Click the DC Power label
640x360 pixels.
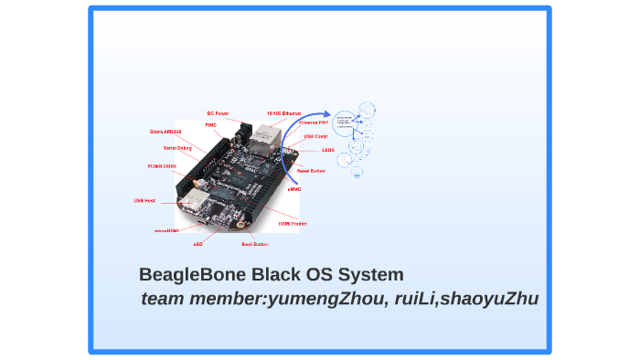[x=218, y=113]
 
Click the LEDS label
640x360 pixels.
[x=328, y=150]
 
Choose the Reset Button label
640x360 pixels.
[x=311, y=170]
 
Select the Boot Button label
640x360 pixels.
[x=254, y=245]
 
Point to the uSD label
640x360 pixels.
[x=197, y=245]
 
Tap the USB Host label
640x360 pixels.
[x=144, y=200]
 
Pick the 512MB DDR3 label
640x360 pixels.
[x=161, y=166]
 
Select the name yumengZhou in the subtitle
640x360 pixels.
[x=325, y=299]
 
